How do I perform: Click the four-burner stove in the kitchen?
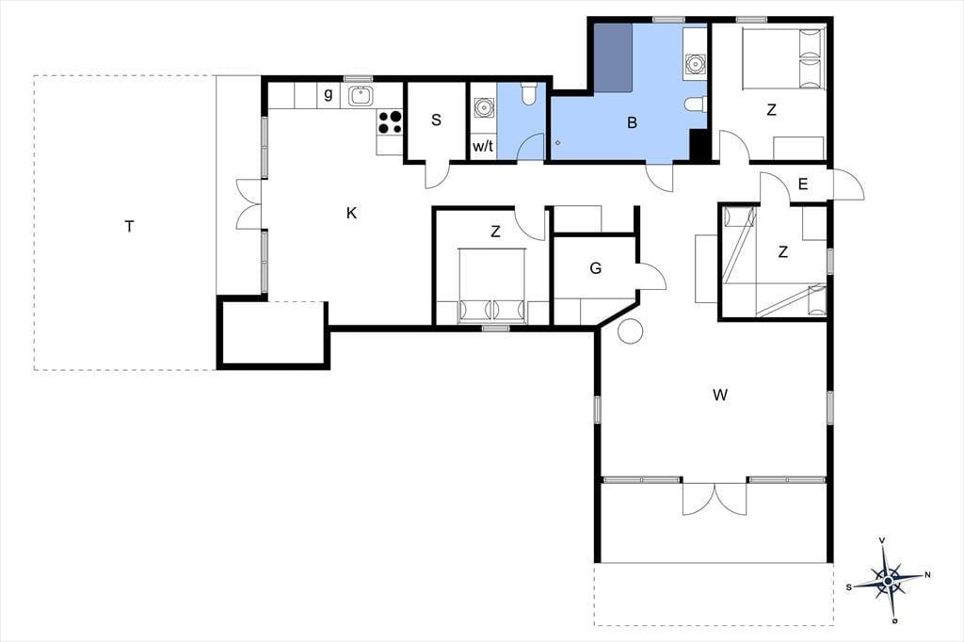[x=390, y=121]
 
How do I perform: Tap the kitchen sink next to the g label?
[x=361, y=96]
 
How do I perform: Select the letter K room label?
[x=352, y=214]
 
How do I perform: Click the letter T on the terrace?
[x=129, y=227]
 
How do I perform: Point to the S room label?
[x=436, y=120]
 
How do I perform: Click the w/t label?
[x=483, y=146]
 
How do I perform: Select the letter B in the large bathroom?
[x=632, y=123]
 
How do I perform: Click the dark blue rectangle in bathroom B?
[x=614, y=57]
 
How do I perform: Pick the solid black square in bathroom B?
[x=698, y=145]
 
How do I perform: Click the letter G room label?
[x=595, y=268]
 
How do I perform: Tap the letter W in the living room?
[x=720, y=394]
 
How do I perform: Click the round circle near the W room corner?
[x=630, y=331]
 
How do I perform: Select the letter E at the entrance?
[x=803, y=184]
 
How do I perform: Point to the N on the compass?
[x=927, y=575]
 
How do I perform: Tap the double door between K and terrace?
[x=249, y=204]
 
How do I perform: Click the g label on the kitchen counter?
[x=329, y=94]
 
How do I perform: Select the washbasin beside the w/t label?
[x=484, y=107]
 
